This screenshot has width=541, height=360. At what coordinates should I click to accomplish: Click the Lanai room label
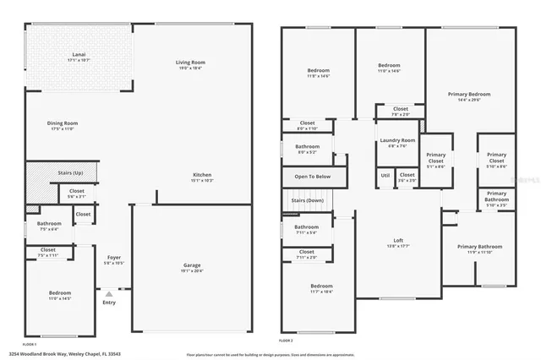pos(78,56)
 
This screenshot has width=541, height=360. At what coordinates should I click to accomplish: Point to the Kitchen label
pos(201,175)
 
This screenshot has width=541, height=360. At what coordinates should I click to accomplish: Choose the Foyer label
pos(113,257)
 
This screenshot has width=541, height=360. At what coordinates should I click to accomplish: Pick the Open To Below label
pos(311,177)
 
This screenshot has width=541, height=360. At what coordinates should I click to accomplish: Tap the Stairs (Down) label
pos(309,200)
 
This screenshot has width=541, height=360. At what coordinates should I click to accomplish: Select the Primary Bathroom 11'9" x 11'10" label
pos(479,247)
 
